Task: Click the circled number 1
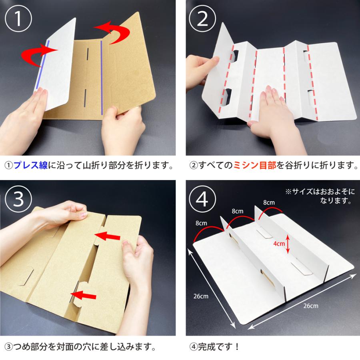click(x=18, y=18)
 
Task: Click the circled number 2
click(x=202, y=18)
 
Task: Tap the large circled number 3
click(x=18, y=198)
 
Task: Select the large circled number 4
click(x=202, y=198)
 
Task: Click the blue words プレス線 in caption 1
click(x=30, y=165)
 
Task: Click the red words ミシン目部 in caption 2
click(x=255, y=165)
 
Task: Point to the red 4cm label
click(x=279, y=244)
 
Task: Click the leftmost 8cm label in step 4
click(x=201, y=223)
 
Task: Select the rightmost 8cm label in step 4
click(x=269, y=202)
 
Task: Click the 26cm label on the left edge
click(x=201, y=296)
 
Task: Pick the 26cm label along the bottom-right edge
click(x=311, y=306)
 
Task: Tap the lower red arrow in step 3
click(x=83, y=295)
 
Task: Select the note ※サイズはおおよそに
click(x=320, y=192)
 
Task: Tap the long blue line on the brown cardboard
click(x=102, y=78)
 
